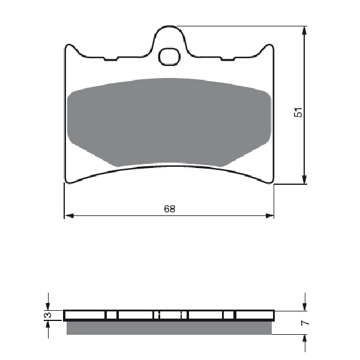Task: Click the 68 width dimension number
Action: [x=170, y=209]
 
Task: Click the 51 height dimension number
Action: [x=298, y=112]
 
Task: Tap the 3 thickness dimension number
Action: [x=48, y=315]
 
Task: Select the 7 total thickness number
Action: [x=305, y=323]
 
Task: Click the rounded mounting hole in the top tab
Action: [x=169, y=57]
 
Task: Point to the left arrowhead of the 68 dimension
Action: [x=70, y=215]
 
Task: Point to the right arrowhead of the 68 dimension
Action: [x=269, y=215]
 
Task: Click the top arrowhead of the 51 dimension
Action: [x=304, y=31]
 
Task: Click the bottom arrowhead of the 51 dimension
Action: [x=304, y=179]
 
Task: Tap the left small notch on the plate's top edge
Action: [x=111, y=59]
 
